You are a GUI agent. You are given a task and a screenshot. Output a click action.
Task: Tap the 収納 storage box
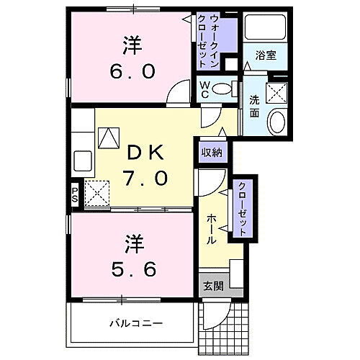click(212, 152)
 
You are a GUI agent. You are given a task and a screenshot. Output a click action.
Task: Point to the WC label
click(205, 89)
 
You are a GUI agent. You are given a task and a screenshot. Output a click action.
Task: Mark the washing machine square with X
click(276, 91)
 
